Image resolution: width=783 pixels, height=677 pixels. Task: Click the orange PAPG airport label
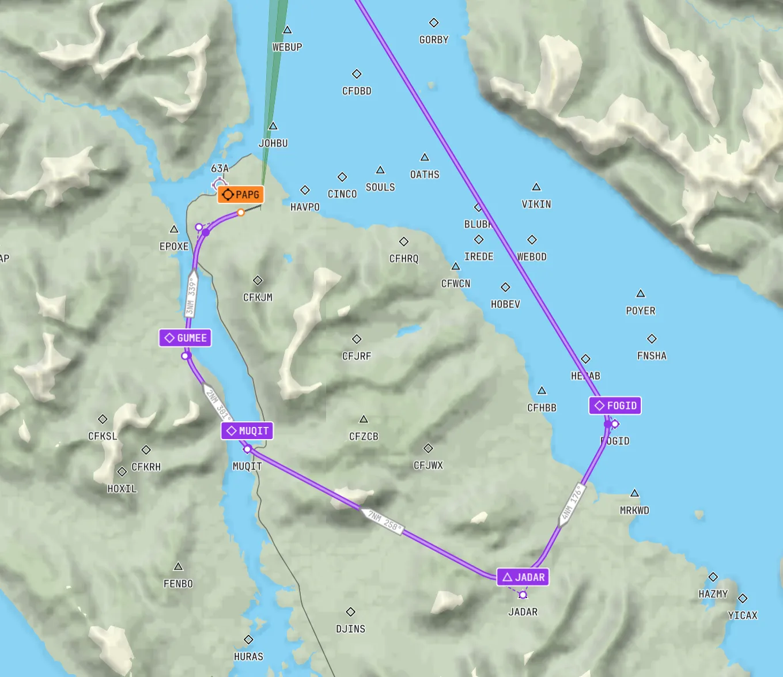tap(240, 195)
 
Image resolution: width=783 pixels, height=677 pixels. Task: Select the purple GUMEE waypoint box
tap(185, 338)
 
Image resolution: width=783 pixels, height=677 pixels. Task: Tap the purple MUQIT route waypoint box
tap(247, 431)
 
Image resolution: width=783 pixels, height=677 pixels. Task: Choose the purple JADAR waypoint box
tap(523, 577)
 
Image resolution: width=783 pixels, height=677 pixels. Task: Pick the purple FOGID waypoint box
tap(615, 406)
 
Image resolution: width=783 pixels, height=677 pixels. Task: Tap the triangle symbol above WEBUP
tap(287, 30)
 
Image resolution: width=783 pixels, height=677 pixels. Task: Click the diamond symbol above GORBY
tap(434, 23)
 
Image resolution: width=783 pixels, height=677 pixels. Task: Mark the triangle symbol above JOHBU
tap(273, 126)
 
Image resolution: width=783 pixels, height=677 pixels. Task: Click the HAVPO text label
tap(305, 207)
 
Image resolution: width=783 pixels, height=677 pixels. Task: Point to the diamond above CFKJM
tap(258, 281)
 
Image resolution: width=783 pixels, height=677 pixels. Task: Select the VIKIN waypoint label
tap(536, 205)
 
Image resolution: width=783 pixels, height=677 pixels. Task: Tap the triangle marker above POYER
tap(640, 294)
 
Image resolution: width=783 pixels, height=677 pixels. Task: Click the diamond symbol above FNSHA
tap(652, 339)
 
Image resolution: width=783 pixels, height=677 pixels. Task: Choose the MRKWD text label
tap(634, 510)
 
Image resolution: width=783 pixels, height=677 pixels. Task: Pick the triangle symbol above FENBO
tap(178, 567)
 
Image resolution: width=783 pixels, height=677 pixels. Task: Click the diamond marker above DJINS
tap(350, 612)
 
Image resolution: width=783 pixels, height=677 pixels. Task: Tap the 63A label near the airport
tap(220, 169)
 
